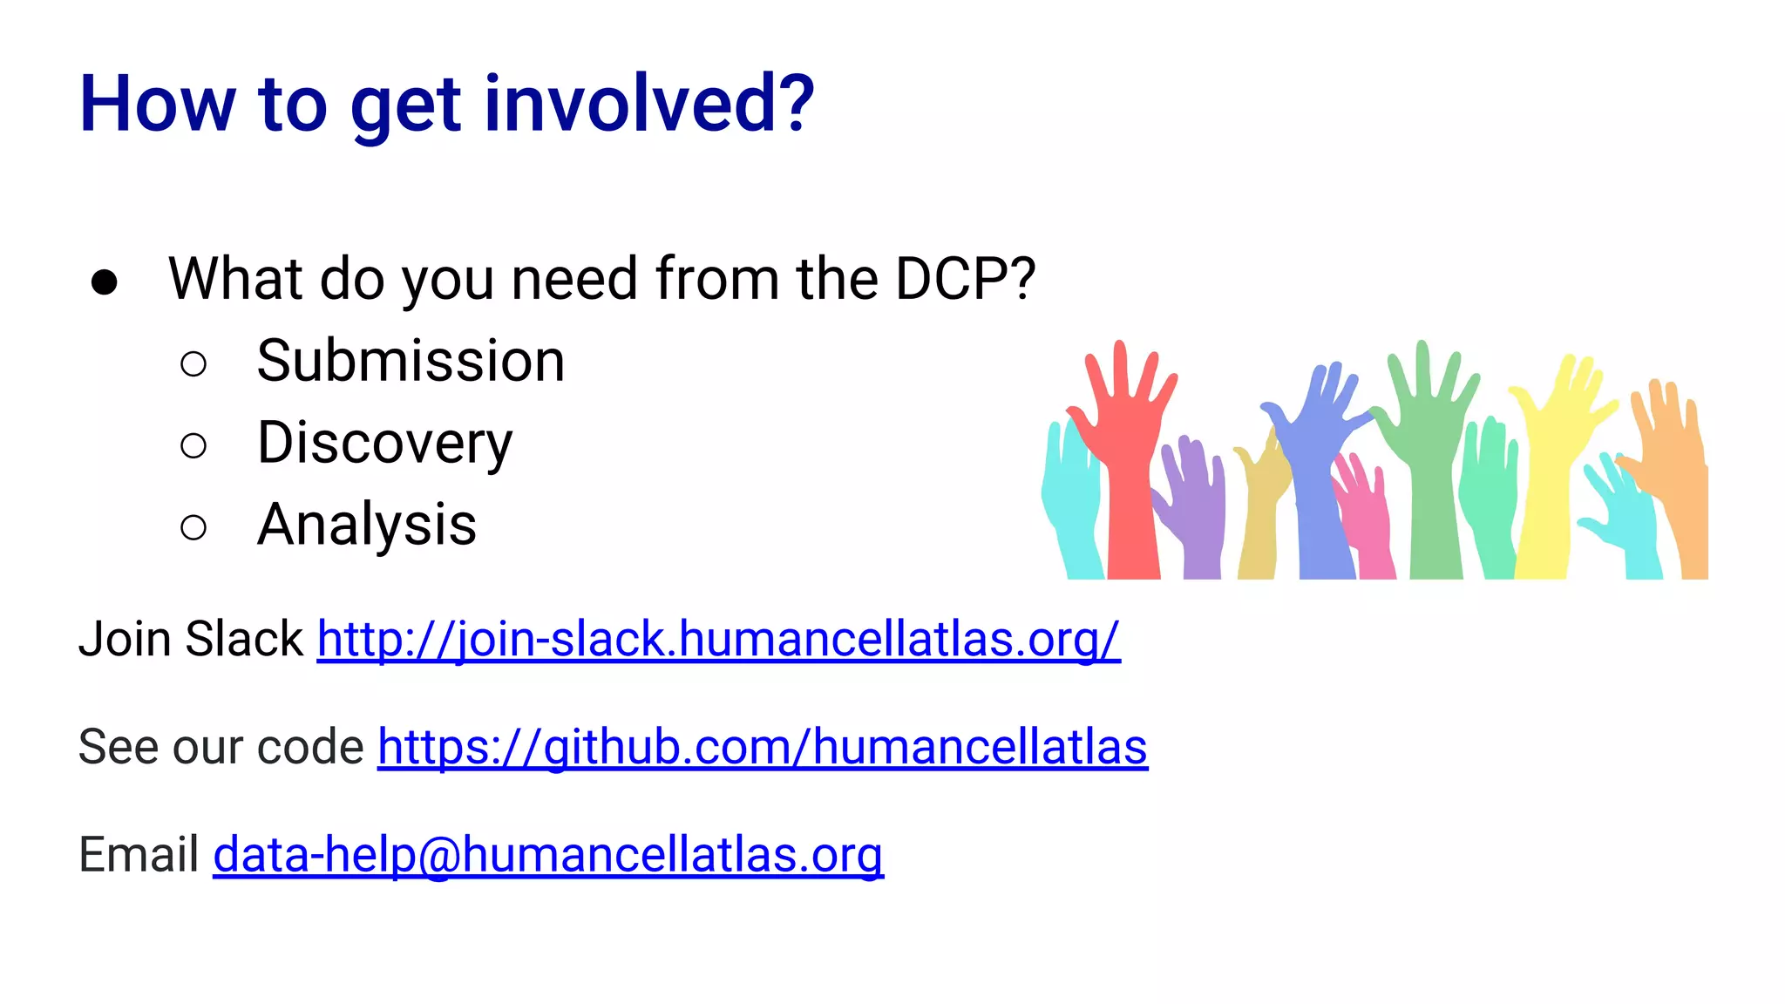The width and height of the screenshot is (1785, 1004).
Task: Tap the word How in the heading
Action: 157,105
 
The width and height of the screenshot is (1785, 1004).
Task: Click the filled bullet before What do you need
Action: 105,282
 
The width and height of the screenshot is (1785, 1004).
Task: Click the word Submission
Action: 411,361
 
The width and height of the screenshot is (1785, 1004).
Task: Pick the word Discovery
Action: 384,443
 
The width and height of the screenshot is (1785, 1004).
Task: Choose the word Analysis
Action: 367,525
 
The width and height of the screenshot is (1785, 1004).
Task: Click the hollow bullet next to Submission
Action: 193,364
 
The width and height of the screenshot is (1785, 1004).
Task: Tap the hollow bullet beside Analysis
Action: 193,527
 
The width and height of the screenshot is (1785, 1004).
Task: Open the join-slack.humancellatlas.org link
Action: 718,639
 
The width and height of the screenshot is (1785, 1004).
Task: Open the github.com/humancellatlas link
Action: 763,747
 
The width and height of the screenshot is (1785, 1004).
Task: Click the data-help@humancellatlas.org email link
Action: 548,854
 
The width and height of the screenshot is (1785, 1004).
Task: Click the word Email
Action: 139,854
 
